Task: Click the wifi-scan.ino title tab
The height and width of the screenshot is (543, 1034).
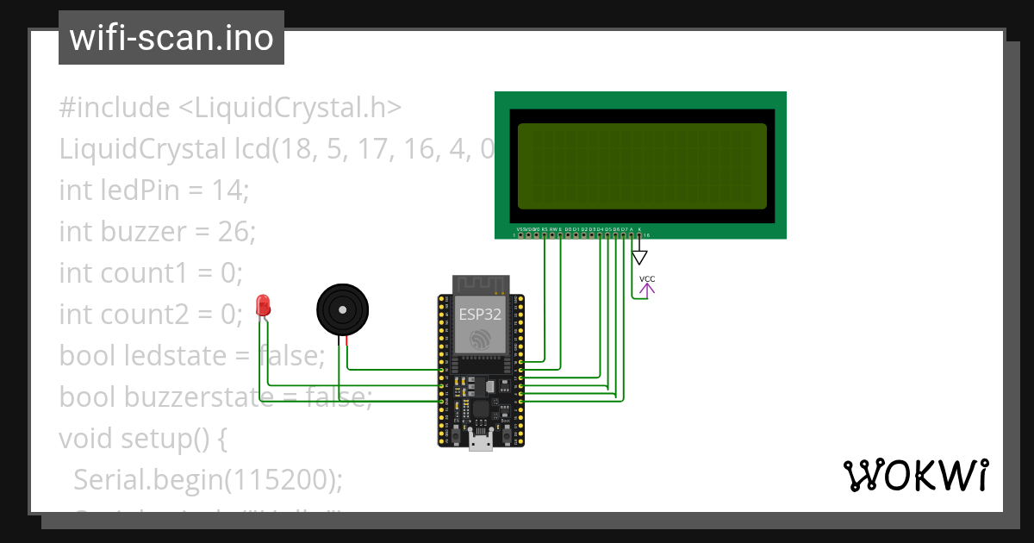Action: click(x=171, y=38)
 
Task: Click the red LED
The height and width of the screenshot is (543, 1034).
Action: click(x=263, y=305)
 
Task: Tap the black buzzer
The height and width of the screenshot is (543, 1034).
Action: click(x=343, y=309)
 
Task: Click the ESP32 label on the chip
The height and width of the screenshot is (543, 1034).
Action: click(x=479, y=315)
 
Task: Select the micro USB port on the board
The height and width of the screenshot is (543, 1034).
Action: click(x=480, y=442)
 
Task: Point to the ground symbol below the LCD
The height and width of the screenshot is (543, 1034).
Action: click(x=639, y=257)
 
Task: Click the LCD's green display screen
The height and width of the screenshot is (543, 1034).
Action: click(x=641, y=165)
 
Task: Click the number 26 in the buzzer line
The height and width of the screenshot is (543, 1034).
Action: click(x=235, y=232)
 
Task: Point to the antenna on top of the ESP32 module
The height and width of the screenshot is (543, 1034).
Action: click(x=481, y=284)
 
